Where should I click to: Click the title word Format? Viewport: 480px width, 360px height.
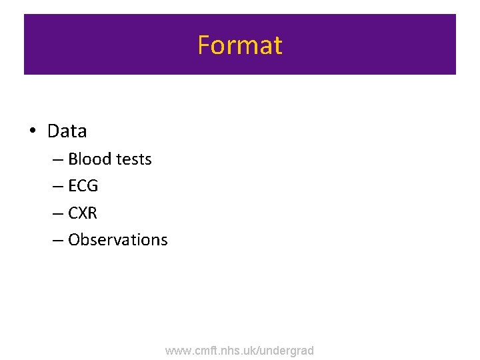click(x=240, y=45)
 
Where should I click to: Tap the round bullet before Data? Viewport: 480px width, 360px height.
click(x=32, y=131)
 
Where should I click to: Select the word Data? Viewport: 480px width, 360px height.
click(x=67, y=131)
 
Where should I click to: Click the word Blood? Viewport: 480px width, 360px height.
click(x=90, y=159)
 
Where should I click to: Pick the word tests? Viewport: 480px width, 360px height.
click(x=134, y=159)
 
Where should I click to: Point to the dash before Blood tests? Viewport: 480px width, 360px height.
click(x=59, y=160)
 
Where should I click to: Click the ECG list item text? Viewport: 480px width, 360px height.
click(x=83, y=186)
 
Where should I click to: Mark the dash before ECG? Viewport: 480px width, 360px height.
click(x=59, y=187)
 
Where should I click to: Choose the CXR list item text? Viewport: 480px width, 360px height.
click(x=83, y=213)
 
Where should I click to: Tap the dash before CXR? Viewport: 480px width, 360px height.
click(x=59, y=214)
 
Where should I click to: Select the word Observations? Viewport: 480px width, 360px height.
click(x=118, y=240)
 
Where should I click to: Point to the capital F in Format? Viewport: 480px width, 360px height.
click(x=203, y=45)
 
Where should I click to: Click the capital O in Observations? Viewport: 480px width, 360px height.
click(x=73, y=240)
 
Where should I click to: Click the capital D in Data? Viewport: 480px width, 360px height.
click(x=53, y=131)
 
